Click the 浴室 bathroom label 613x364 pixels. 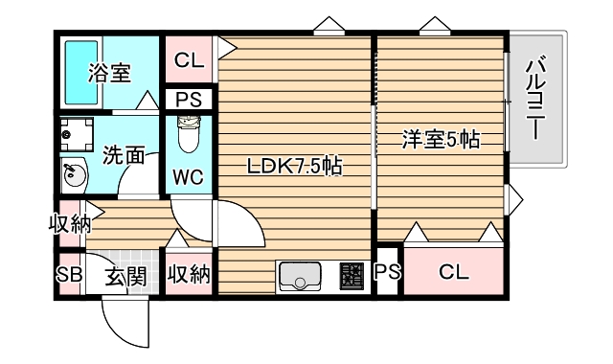[108, 73]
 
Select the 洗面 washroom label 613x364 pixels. [123, 152]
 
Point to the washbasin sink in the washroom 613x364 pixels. [73, 173]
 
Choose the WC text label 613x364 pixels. [189, 177]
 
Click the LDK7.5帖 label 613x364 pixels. [295, 165]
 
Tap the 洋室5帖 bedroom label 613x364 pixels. [440, 141]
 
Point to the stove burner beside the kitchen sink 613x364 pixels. [351, 277]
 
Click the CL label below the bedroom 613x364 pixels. [454, 272]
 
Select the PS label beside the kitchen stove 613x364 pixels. [387, 272]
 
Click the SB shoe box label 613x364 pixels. [69, 277]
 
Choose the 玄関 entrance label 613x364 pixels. [125, 278]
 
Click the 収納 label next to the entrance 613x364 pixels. [189, 277]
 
